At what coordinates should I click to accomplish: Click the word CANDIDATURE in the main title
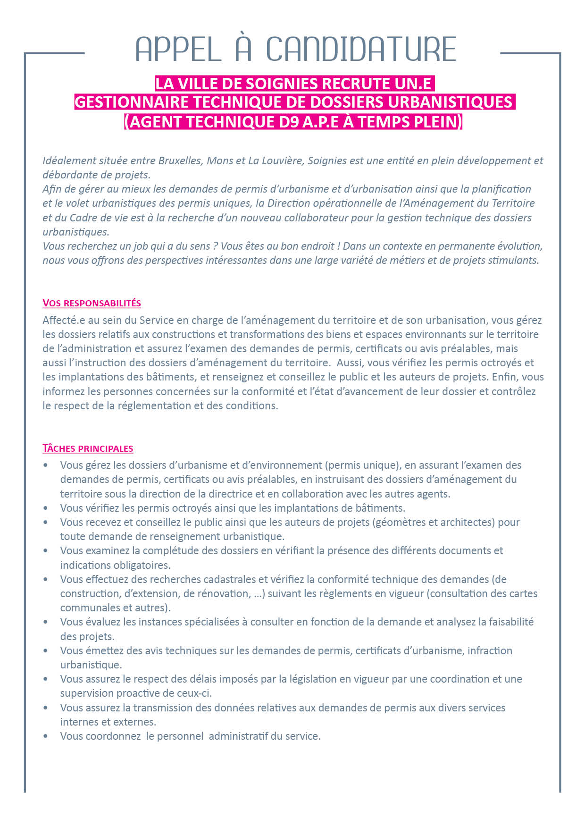pyautogui.click(x=361, y=49)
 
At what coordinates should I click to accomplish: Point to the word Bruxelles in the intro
pyautogui.click(x=179, y=161)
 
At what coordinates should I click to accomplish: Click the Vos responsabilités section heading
pyautogui.click(x=92, y=303)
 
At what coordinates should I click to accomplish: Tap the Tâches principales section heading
pyautogui.click(x=88, y=448)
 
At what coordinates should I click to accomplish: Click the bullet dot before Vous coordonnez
pyautogui.click(x=46, y=736)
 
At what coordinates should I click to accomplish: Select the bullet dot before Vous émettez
pyautogui.click(x=46, y=651)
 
